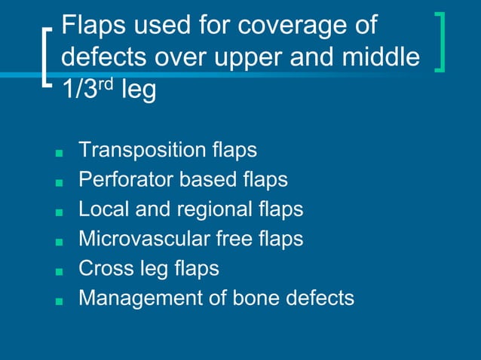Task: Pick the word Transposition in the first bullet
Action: click(140, 151)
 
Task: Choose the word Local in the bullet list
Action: click(103, 209)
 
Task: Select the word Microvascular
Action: click(139, 239)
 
